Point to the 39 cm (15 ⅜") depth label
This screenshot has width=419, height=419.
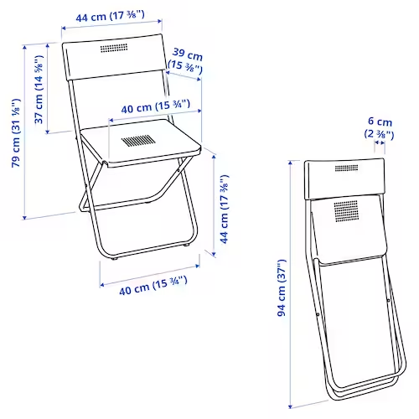click(x=186, y=59)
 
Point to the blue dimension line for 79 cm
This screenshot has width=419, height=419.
click(x=25, y=134)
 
